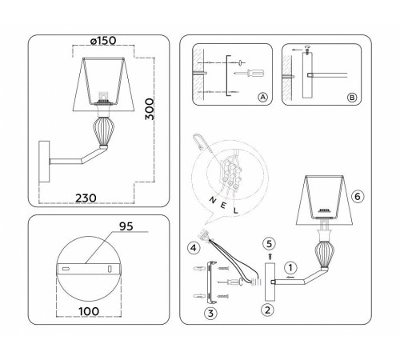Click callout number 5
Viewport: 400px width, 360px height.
point(269,244)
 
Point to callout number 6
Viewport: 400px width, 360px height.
point(358,195)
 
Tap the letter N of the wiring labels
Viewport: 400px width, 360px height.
point(210,196)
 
